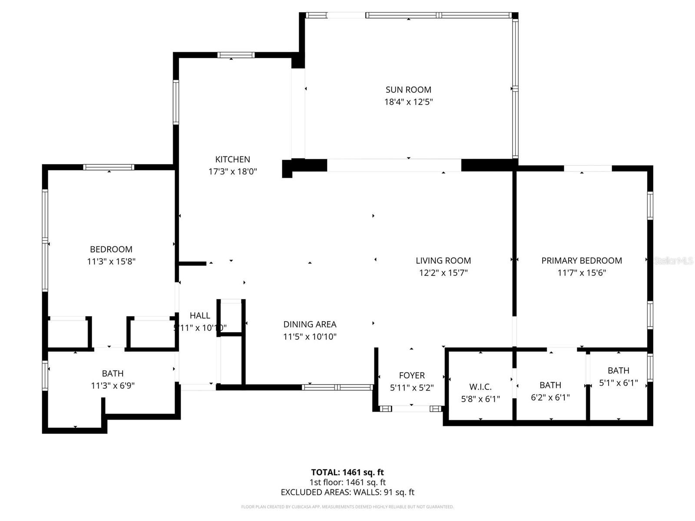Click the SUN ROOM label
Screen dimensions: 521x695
408,90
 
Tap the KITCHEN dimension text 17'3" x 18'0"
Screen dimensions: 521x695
232,171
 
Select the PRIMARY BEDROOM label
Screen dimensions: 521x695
582,260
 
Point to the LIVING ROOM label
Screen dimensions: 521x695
443,260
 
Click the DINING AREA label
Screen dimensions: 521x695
310,324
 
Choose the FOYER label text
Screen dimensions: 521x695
412,376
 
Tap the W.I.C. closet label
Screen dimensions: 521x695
480,387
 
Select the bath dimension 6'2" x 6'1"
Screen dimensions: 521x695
550,397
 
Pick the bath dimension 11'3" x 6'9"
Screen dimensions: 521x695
113,386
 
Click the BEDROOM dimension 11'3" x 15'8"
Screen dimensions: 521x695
111,261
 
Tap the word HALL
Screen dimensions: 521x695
200,316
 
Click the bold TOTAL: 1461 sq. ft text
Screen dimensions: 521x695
347,472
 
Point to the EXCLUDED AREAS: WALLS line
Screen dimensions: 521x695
347,492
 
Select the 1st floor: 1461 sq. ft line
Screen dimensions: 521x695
347,482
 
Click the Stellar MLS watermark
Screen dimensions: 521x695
673,260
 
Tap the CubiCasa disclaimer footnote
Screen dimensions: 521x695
347,507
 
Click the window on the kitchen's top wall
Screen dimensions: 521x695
235,55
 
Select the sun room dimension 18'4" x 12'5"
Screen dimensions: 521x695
408,102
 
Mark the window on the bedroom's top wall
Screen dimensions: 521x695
109,167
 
